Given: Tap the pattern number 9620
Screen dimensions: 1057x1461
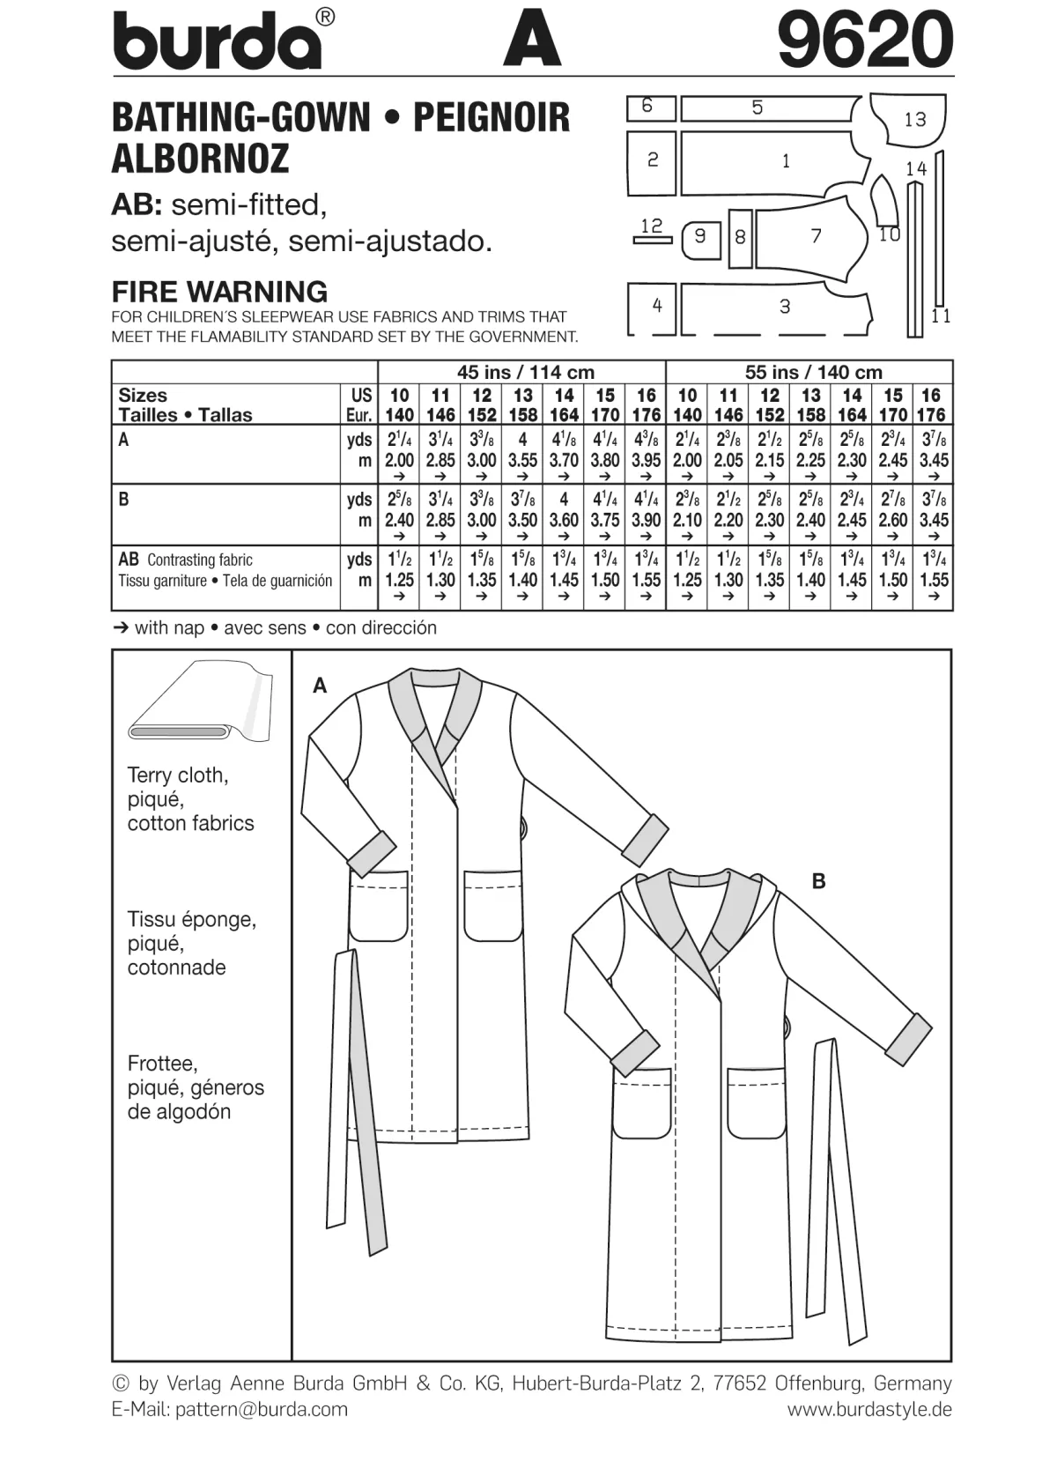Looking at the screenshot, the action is pos(865,39).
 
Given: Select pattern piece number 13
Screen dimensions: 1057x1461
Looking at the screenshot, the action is pos(907,119).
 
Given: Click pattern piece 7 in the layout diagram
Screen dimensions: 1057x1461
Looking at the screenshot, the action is pos(812,235).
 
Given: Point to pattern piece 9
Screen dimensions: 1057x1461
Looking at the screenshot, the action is pos(701,240).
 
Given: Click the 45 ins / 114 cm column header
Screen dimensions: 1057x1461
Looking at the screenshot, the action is pos(526,373).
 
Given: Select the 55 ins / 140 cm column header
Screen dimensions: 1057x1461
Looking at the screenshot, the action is pos(813,373).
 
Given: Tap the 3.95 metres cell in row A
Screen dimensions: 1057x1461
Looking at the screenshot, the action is pos(647,460).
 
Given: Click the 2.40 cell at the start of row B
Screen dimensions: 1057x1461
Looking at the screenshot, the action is pos(399,520).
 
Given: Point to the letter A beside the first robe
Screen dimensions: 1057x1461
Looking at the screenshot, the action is pos(320,686).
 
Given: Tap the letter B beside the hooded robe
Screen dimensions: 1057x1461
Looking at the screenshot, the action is pos(818,882).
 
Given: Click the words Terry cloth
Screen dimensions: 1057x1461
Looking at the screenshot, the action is pos(177,775).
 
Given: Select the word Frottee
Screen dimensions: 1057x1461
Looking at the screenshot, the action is pos(162,1063).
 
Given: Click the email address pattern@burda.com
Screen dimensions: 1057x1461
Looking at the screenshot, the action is pos(262,1410).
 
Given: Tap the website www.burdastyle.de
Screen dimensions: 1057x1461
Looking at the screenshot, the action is pos(869,1410).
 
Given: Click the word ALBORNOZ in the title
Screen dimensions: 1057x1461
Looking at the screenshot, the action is pos(200,159).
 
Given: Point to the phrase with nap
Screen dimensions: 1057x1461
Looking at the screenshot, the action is pos(169,627).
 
